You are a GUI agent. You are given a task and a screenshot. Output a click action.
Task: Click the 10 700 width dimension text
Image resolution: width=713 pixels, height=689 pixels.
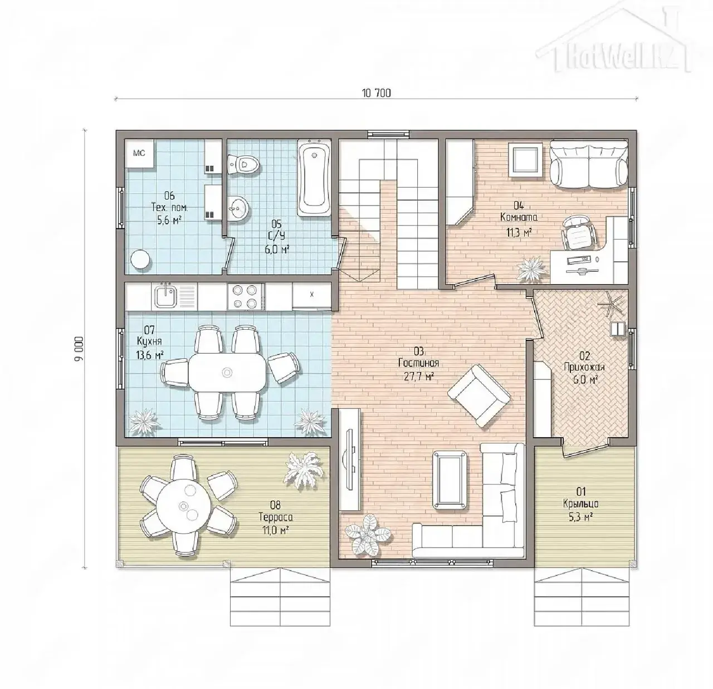click(x=377, y=93)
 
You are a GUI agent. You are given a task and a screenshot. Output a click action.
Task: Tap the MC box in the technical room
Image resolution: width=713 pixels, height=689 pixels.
click(x=139, y=154)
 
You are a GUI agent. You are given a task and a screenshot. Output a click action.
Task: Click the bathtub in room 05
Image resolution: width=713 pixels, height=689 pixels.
click(x=314, y=178)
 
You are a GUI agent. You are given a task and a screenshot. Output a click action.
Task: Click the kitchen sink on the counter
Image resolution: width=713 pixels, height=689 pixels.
click(x=167, y=296)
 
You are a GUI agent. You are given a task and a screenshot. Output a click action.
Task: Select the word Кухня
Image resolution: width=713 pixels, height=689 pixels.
click(x=149, y=341)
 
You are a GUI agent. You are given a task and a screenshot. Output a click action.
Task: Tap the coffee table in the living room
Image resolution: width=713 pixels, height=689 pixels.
click(x=450, y=480)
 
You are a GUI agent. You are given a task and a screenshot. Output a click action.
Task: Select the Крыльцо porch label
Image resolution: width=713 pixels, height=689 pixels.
click(x=581, y=504)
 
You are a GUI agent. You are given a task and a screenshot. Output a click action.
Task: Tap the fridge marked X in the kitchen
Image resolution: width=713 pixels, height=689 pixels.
click(x=311, y=295)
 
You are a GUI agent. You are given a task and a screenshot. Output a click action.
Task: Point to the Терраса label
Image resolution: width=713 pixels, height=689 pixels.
click(x=276, y=517)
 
